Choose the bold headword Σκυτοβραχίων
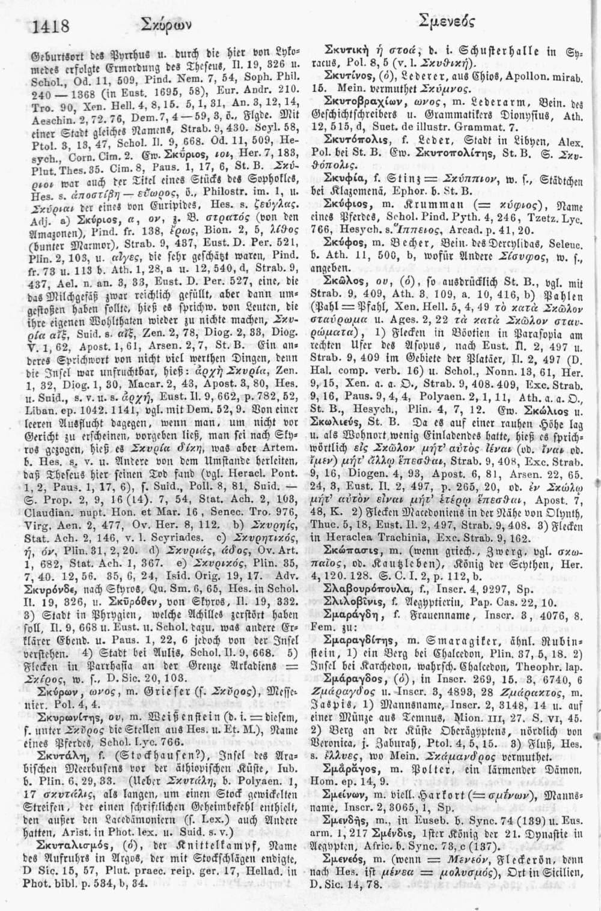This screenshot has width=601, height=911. click(x=365, y=100)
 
